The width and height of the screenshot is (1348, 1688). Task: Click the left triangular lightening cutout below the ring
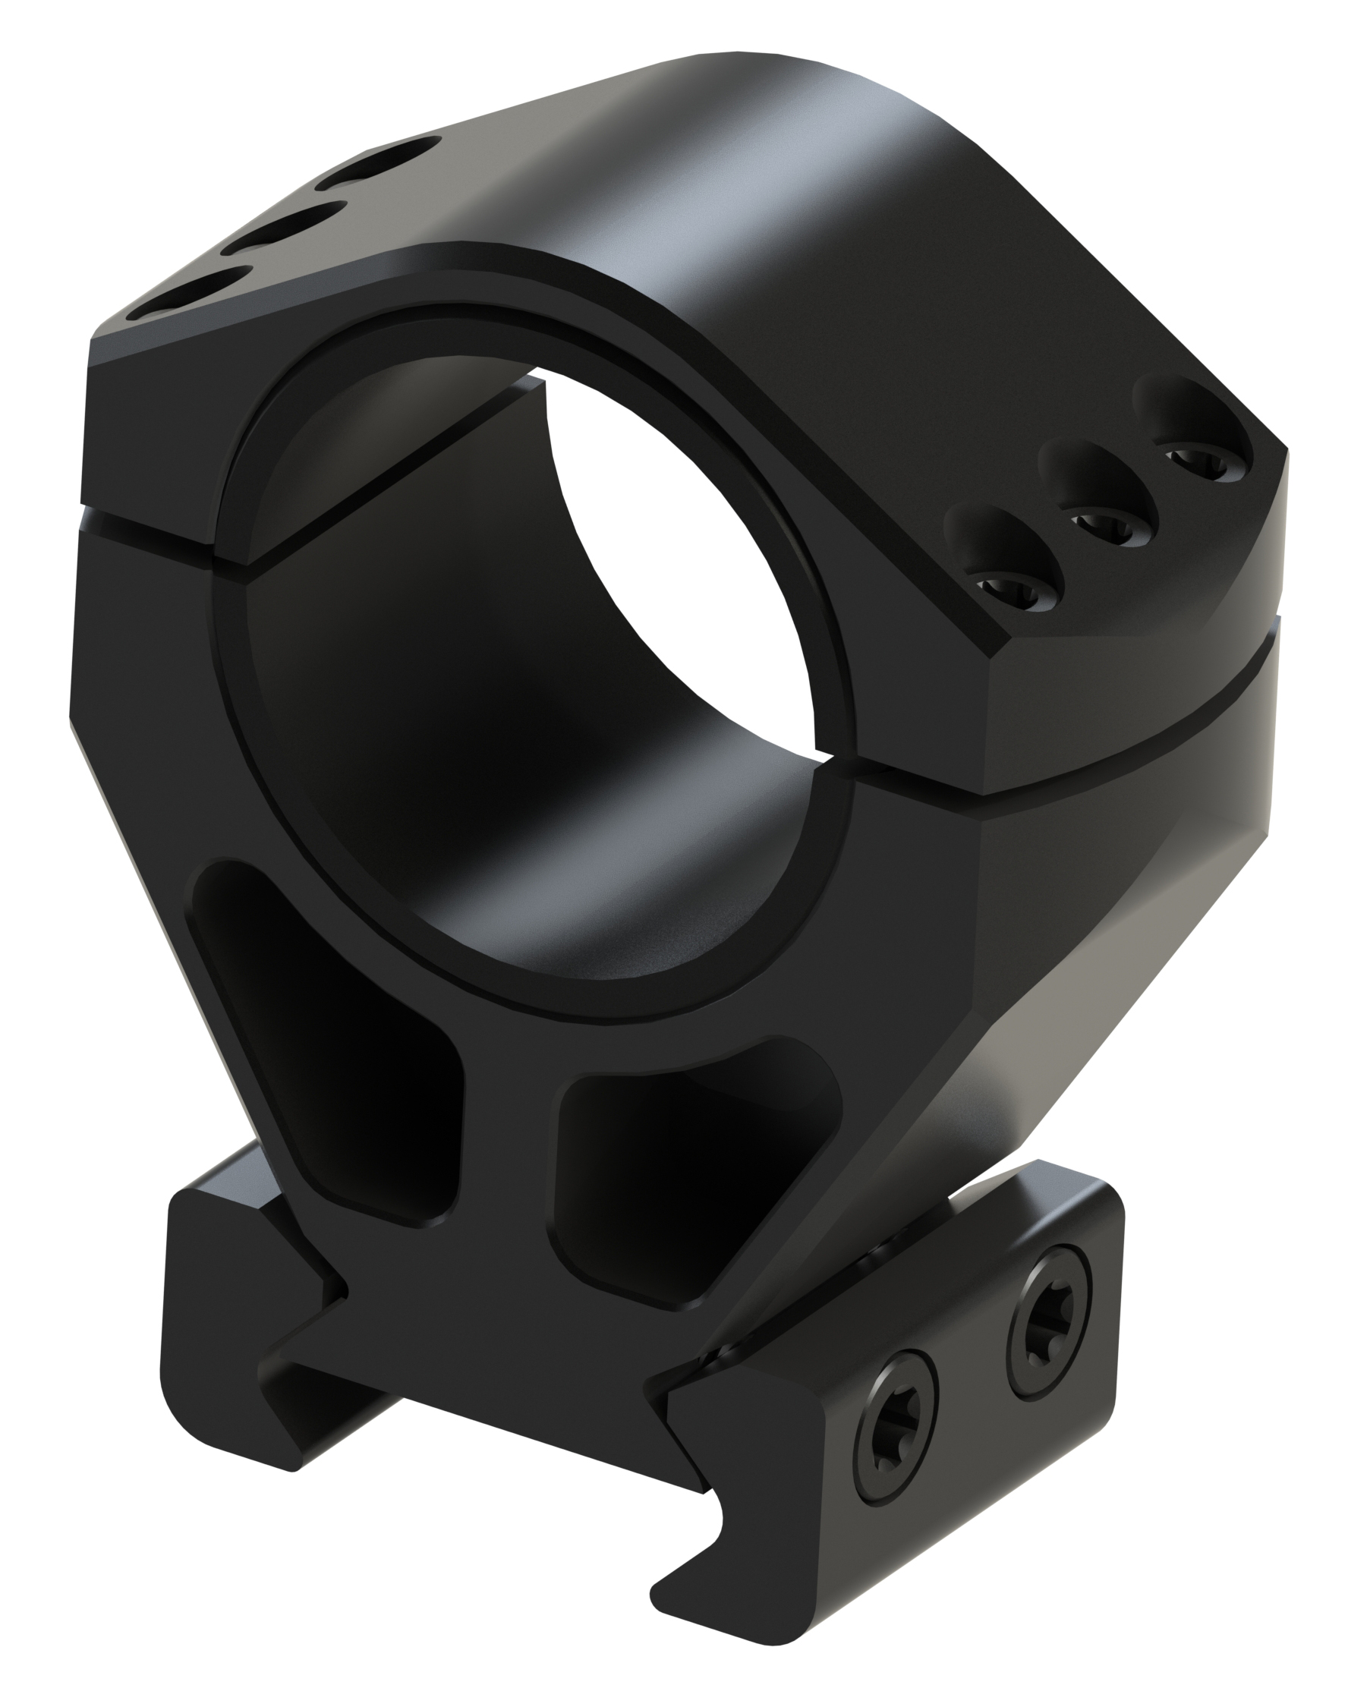click(329, 1049)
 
